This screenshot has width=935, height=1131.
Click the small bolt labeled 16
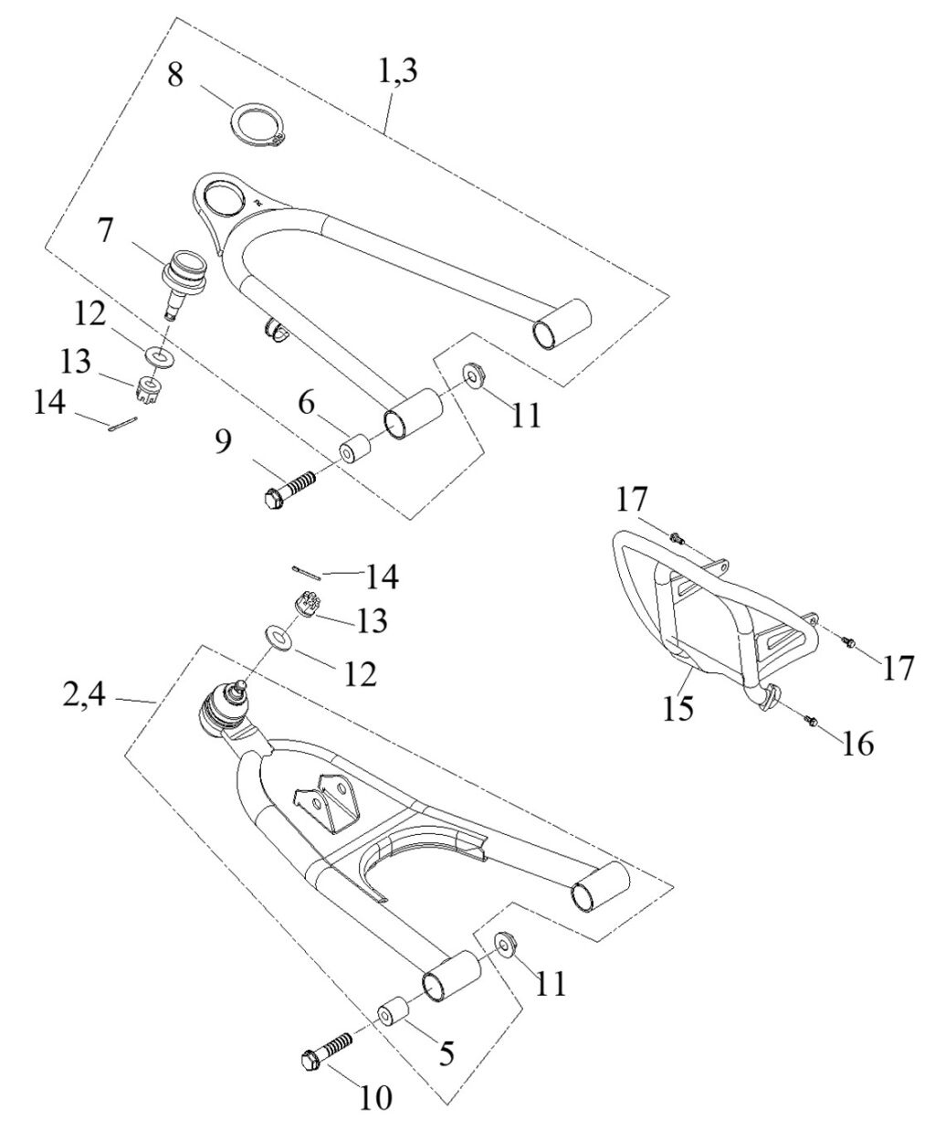809,722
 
